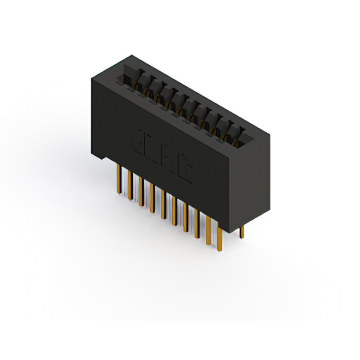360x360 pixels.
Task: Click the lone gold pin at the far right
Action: pos(242,231)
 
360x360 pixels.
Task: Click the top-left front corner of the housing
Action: pos(90,79)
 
